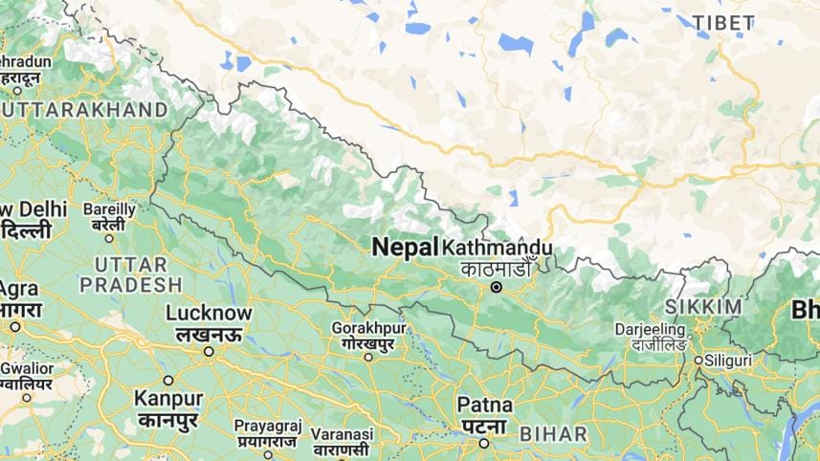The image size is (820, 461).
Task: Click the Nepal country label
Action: pos(404,246)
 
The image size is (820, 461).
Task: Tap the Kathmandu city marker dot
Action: pos(496,287)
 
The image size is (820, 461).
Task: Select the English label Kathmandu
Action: pos(498,247)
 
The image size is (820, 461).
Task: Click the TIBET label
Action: pos(722,22)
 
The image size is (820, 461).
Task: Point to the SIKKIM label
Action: pos(703,306)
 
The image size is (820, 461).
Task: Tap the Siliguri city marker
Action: pos(698,361)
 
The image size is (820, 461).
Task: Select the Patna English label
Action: pos(484,405)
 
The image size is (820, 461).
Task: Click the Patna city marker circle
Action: pos(484,443)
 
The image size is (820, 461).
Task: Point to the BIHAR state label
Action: pos(553,434)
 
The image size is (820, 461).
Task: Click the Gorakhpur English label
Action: pos(368,327)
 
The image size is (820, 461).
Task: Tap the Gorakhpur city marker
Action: pos(368,357)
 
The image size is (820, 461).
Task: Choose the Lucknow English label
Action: pos(209,313)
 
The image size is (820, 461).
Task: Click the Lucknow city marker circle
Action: pos(209,351)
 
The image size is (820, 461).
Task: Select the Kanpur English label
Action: pos(168,398)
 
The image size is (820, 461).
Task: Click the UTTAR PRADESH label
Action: pos(130,274)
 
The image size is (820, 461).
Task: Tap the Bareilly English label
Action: pos(109,209)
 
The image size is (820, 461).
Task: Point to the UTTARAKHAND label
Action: pos(84,110)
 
